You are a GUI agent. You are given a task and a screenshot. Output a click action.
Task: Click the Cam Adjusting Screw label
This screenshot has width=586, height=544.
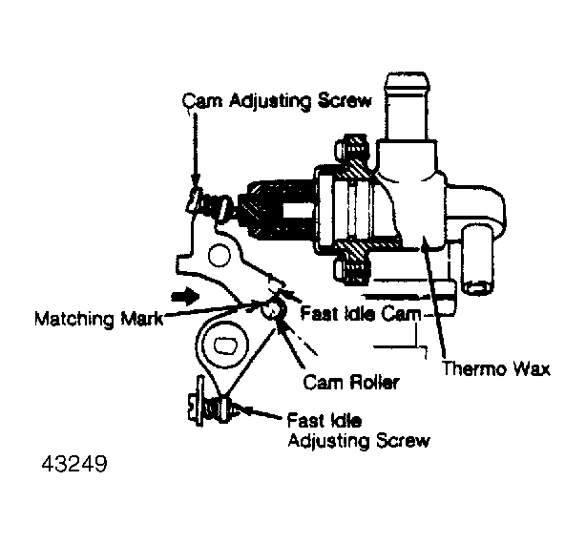click(x=277, y=101)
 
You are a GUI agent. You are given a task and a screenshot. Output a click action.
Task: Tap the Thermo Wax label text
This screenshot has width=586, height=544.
click(x=496, y=368)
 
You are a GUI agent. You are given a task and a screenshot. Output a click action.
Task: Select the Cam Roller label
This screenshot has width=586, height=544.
click(x=351, y=382)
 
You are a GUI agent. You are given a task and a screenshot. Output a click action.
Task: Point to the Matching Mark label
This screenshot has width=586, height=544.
click(x=99, y=320)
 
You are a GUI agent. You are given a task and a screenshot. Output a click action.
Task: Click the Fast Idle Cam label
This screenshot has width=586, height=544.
click(x=360, y=313)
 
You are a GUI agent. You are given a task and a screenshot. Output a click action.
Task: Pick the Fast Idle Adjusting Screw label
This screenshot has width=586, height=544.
click(x=359, y=430)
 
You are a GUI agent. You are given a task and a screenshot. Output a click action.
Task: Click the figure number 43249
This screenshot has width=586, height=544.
click(x=74, y=464)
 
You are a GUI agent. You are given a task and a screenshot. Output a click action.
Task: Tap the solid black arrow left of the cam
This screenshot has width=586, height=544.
click(x=185, y=296)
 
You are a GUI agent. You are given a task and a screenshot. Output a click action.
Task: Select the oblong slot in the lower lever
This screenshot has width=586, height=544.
click(x=226, y=345)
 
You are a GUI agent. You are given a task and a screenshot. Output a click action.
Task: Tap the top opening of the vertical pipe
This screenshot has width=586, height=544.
click(x=408, y=78)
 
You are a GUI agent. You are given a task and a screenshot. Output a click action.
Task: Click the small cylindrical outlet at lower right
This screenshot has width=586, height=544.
click(x=478, y=261)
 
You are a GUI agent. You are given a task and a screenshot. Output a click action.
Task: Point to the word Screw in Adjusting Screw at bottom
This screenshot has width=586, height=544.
click(x=403, y=440)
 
